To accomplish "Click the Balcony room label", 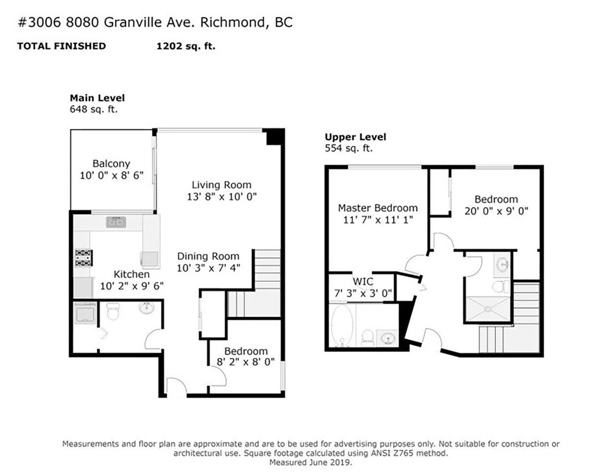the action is (x=111, y=163).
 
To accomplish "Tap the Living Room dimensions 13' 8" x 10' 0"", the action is (x=222, y=196).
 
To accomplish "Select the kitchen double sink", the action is (x=116, y=222).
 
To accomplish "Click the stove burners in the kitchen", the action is (x=84, y=258).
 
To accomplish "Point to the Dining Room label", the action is (x=208, y=256).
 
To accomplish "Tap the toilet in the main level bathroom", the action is (x=113, y=311).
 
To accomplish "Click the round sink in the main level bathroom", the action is (x=146, y=307).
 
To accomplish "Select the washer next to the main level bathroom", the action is (x=85, y=313).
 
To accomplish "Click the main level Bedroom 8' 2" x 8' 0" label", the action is (x=246, y=356).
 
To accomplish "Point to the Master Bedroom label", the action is (x=378, y=208).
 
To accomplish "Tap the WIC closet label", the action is (x=363, y=282).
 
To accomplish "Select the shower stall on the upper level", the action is (x=488, y=309).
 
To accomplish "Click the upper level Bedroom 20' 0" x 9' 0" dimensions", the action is (x=496, y=211).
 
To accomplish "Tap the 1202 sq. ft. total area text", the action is (x=186, y=46).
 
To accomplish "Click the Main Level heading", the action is (x=97, y=98).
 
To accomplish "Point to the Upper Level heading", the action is (x=355, y=137).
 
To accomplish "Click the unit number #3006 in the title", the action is (x=39, y=22).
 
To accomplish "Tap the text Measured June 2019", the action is (x=311, y=463).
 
